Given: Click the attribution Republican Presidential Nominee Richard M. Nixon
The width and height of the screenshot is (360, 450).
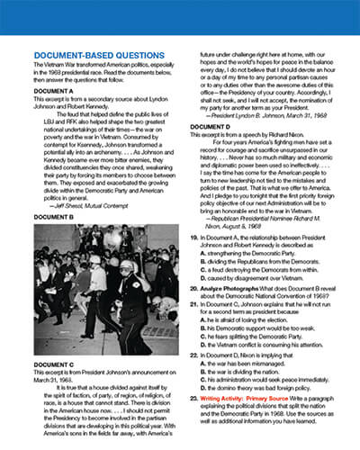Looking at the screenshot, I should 272,242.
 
